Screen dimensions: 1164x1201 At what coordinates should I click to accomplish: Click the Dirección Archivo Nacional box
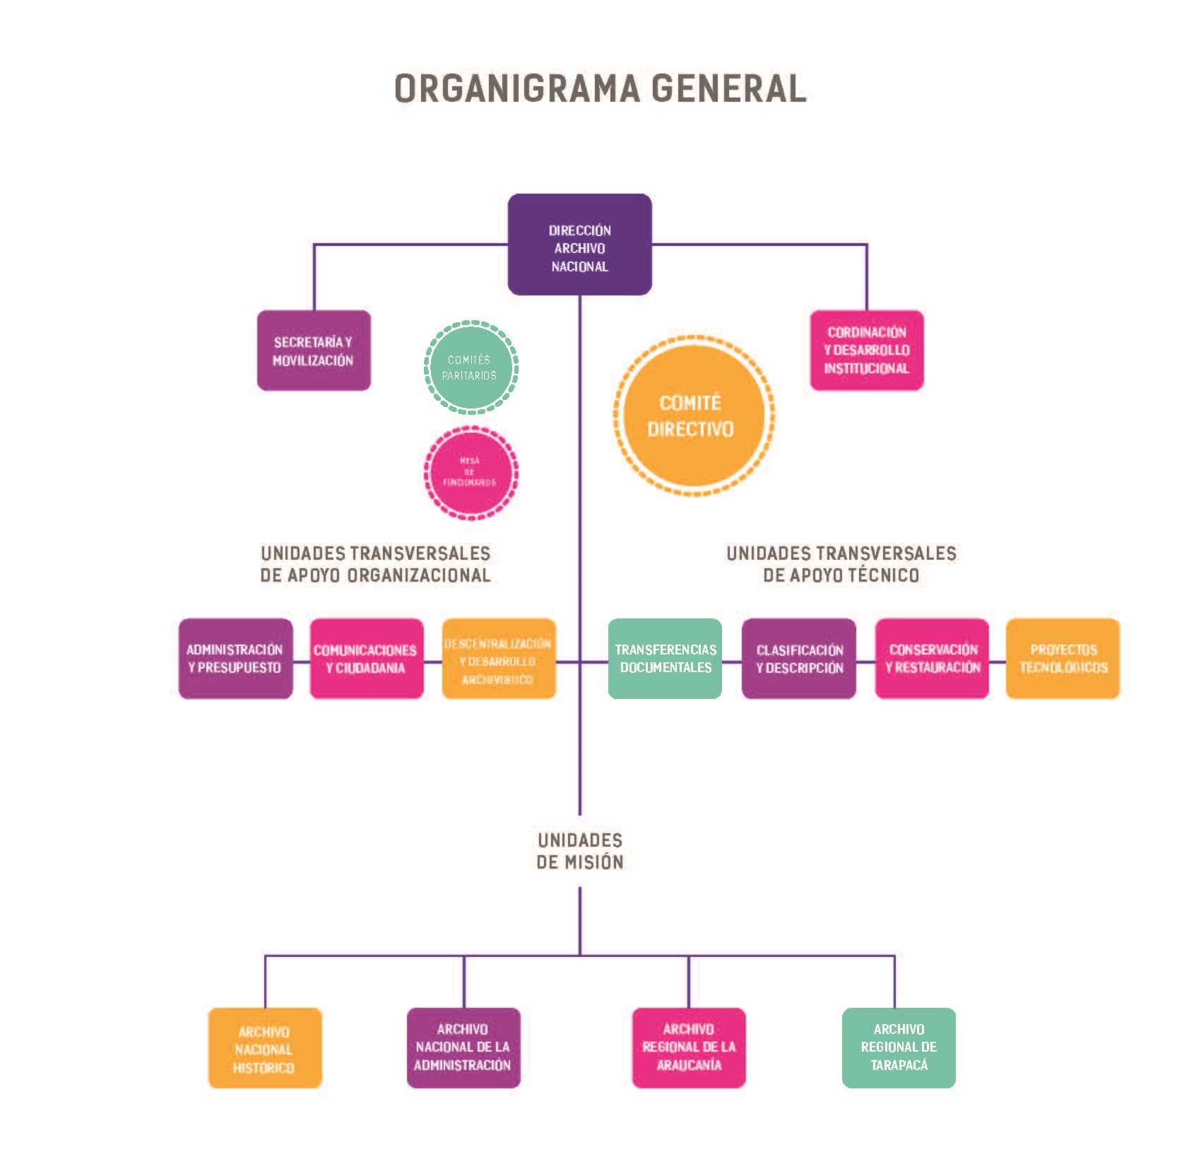[x=579, y=245]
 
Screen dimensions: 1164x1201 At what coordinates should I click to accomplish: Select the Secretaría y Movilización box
[x=314, y=351]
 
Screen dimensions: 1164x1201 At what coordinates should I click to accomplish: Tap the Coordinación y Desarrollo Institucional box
[x=867, y=351]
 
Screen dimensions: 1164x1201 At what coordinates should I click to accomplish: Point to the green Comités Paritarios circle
[x=471, y=367]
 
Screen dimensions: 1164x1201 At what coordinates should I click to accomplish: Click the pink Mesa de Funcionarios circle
[x=471, y=472]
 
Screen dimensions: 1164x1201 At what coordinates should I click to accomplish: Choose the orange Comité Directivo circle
[x=692, y=416]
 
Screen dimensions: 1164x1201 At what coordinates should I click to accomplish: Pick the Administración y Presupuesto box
[x=235, y=659]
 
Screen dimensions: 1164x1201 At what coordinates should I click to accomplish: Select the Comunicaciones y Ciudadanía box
[x=367, y=659]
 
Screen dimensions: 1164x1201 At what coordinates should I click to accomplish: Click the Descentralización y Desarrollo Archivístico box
[x=499, y=659]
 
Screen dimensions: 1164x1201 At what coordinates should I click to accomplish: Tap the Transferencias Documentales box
[x=665, y=659]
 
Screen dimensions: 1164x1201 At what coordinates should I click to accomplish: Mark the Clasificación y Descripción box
[x=799, y=659]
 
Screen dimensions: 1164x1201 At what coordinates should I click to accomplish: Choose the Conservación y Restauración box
[x=932, y=659]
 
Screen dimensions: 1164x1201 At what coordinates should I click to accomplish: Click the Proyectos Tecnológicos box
[x=1063, y=659]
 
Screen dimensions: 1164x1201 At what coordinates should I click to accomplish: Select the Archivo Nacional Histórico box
[x=265, y=1048]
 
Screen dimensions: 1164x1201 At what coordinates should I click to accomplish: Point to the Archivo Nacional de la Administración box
[x=463, y=1048]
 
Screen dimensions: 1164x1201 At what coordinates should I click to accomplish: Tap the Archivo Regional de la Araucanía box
[x=689, y=1048]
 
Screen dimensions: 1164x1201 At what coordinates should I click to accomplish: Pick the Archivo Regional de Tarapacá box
[x=899, y=1048]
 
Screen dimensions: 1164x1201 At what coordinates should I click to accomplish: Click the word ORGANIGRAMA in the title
[x=516, y=89]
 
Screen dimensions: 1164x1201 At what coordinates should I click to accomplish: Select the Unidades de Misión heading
[x=580, y=851]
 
